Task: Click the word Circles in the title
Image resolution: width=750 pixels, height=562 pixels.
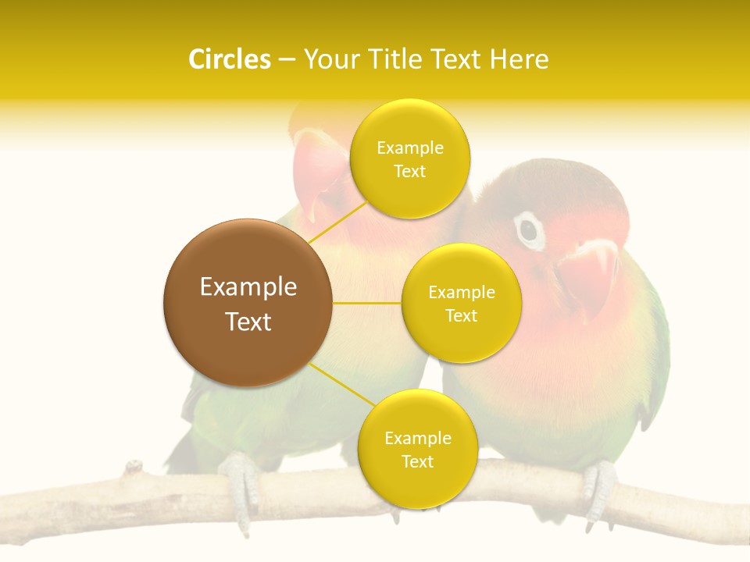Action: coord(230,59)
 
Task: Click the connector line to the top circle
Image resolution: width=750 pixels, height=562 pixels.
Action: coord(337,221)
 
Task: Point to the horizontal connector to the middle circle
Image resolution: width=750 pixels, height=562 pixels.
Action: coord(367,303)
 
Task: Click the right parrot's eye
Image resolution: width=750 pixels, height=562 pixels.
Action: coord(530,229)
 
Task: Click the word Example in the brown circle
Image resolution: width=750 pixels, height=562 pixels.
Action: coord(248,287)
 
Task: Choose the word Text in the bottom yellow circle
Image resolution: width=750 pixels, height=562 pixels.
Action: coord(417,461)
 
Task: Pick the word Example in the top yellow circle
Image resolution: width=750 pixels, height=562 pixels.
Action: coord(409,148)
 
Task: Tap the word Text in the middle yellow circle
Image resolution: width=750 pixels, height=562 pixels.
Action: coord(461,315)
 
